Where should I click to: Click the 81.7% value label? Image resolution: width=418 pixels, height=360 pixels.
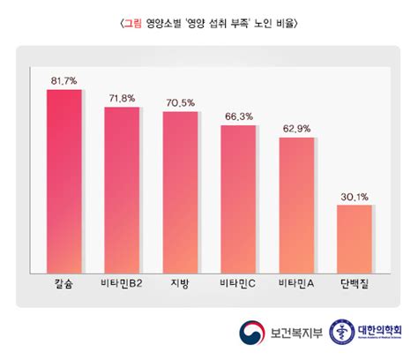pos(64,81)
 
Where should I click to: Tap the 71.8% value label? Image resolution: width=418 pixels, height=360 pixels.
pos(123,99)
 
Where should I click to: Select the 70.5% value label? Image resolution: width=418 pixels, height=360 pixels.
pos(180,102)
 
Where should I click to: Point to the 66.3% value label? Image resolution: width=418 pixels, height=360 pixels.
pos(238,116)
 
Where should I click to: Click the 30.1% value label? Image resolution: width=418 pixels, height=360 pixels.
pos(355,197)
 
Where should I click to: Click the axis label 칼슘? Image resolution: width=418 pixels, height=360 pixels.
pos(64,284)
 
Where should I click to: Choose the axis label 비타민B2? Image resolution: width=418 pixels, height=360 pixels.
pos(123,284)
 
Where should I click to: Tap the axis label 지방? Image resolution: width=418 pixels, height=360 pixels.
pos(180,284)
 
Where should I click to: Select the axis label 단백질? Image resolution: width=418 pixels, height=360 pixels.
pos(355,284)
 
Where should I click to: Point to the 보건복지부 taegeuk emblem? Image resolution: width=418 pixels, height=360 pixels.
pos(250,333)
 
